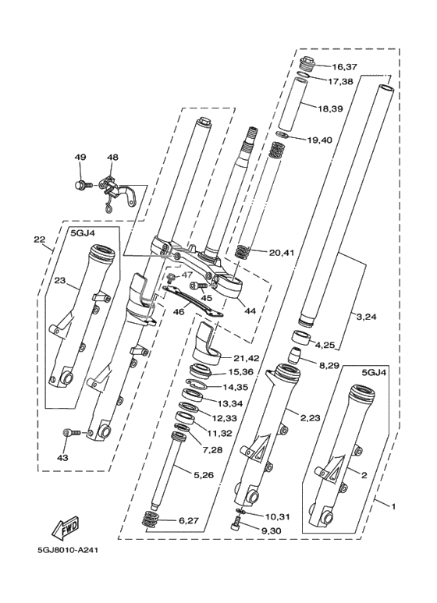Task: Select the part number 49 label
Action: [80, 158]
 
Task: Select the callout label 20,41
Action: [281, 253]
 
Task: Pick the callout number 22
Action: [38, 239]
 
